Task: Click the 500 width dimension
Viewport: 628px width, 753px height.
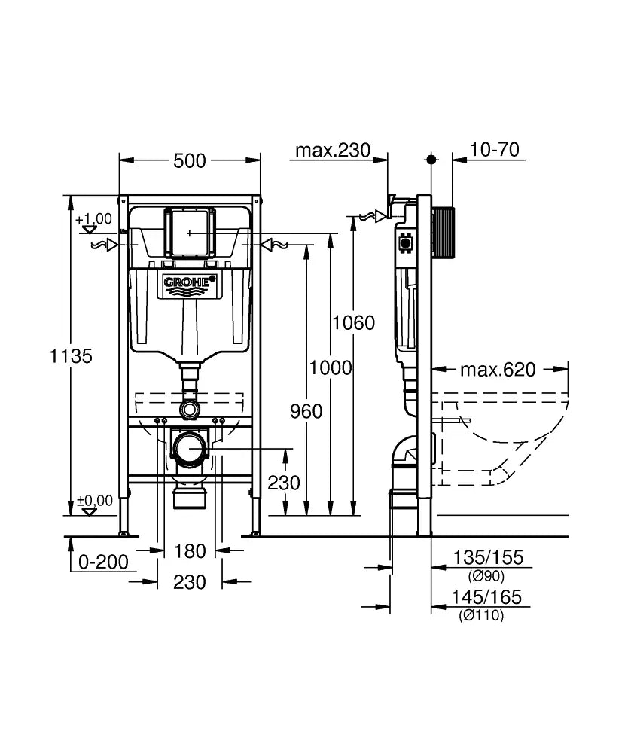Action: (190, 160)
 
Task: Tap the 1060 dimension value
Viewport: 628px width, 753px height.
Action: (353, 323)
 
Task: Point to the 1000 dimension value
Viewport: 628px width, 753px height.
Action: (331, 367)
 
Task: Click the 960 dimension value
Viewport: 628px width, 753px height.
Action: (306, 411)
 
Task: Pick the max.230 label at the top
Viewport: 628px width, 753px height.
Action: (332, 151)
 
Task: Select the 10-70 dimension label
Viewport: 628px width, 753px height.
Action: (495, 150)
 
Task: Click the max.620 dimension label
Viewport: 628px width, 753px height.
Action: (498, 370)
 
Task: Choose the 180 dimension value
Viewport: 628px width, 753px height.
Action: (189, 551)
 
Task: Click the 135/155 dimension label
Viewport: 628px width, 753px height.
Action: (486, 558)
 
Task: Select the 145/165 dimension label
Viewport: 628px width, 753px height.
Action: (486, 598)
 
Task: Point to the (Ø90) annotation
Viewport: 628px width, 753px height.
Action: (486, 576)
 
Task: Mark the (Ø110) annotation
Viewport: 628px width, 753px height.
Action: (482, 616)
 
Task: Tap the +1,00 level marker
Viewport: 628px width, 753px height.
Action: (93, 219)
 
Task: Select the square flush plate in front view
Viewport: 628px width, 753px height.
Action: (190, 233)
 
